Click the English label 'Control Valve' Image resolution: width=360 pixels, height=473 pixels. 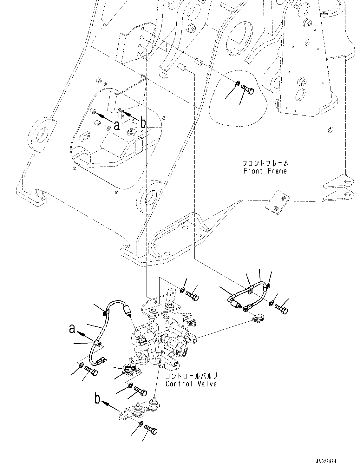pyautogui.click(x=191, y=384)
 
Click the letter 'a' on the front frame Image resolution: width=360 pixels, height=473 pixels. pyautogui.click(x=117, y=126)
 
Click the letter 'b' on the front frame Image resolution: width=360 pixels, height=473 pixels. pyautogui.click(x=143, y=123)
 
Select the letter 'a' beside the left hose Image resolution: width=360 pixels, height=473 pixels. pyautogui.click(x=73, y=329)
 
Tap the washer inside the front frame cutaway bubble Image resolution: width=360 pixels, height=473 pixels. pyautogui.click(x=238, y=84)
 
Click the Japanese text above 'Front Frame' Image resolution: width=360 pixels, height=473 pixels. pyautogui.click(x=265, y=163)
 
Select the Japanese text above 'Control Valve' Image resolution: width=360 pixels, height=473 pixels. pyautogui.click(x=191, y=376)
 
